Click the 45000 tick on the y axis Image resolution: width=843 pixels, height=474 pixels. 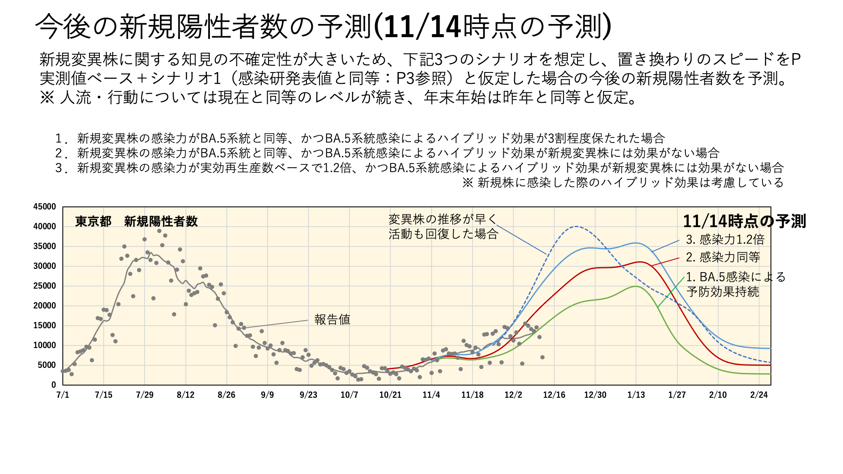coord(44,206)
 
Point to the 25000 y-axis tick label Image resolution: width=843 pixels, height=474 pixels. coord(44,286)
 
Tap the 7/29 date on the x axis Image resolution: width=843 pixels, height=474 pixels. coord(145,395)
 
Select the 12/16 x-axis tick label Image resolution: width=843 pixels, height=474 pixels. coord(554,395)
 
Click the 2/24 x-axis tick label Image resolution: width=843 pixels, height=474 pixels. coord(759,395)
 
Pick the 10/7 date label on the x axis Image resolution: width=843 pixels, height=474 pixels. coord(349,395)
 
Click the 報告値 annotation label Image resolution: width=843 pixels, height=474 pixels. coord(332,319)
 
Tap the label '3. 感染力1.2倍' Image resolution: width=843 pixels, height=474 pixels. coord(725,239)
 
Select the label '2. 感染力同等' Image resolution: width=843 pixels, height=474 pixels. coord(723,257)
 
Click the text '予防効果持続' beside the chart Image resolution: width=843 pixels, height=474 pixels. coord(722,292)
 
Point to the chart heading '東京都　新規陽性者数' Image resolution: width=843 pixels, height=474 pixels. coord(136,221)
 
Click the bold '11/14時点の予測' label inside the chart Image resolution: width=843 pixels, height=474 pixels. coord(744,221)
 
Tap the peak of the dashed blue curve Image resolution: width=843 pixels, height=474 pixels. coord(576,227)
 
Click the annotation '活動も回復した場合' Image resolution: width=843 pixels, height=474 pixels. coord(443,234)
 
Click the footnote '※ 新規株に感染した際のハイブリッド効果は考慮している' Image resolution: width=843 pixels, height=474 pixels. coord(623,182)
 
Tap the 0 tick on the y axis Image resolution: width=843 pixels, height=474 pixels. coord(54,385)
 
